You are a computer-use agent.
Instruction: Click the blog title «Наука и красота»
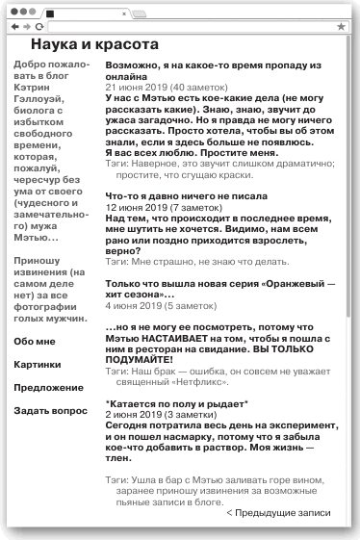[94, 45]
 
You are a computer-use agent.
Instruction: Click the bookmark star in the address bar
[341, 27]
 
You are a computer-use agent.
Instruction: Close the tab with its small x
[123, 13]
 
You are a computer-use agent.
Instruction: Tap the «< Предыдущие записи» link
[278, 513]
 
